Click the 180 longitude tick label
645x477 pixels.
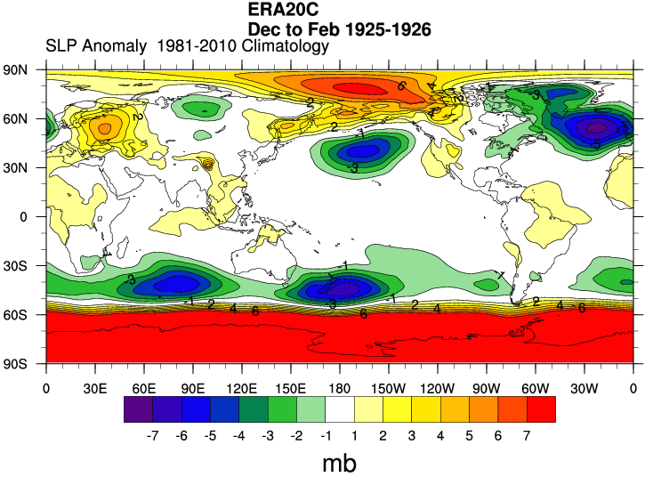coord(340,388)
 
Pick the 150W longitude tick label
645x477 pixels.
coord(388,388)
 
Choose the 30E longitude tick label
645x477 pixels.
coord(95,388)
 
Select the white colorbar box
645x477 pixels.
coord(340,409)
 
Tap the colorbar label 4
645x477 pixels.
coord(439,436)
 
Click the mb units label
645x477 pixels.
coord(340,463)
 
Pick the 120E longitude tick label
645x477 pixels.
coord(242,388)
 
